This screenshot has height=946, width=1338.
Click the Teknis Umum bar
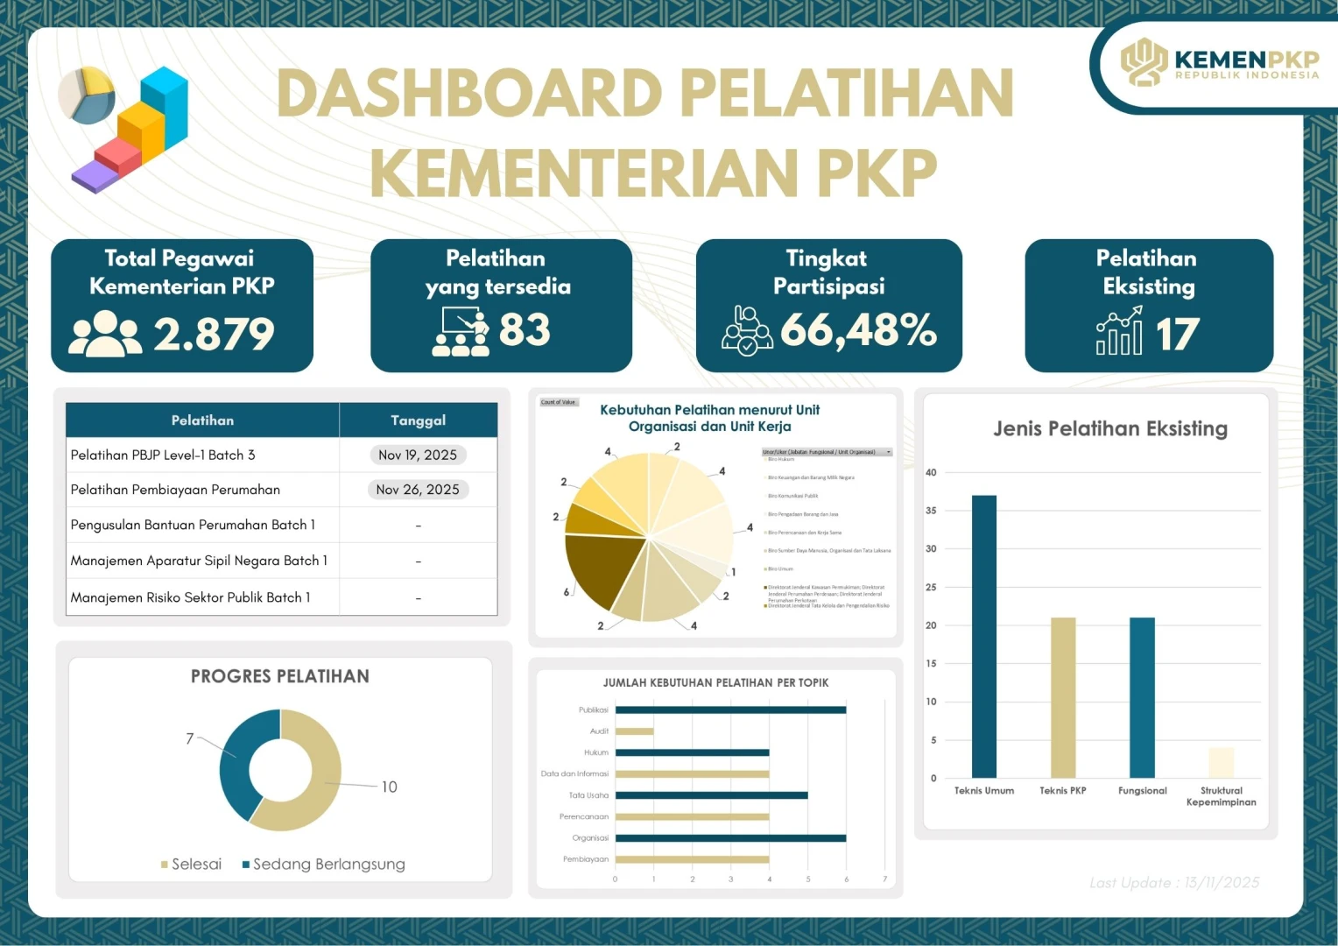[983, 637]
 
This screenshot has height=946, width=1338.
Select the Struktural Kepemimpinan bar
[1221, 763]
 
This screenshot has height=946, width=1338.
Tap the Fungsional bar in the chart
[1142, 697]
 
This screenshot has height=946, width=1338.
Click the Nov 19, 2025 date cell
[418, 455]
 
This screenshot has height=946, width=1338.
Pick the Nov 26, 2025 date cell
[418, 490]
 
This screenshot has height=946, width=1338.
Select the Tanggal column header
[418, 420]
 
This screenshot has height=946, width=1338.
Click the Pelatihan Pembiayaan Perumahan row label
[175, 490]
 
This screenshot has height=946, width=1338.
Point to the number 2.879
[214, 334]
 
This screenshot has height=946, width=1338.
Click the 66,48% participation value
[858, 330]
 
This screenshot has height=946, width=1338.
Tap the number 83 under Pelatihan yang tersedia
[525, 330]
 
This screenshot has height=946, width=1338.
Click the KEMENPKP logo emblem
[1144, 61]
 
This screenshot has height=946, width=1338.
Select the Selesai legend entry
[192, 865]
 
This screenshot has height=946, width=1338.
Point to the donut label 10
[389, 787]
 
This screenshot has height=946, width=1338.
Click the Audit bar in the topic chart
[634, 731]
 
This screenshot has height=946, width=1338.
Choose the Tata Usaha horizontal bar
[711, 795]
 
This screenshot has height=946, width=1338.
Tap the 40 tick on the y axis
[931, 473]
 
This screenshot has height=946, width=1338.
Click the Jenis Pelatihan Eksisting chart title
[1109, 428]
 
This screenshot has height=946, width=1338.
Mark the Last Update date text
[1174, 883]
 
